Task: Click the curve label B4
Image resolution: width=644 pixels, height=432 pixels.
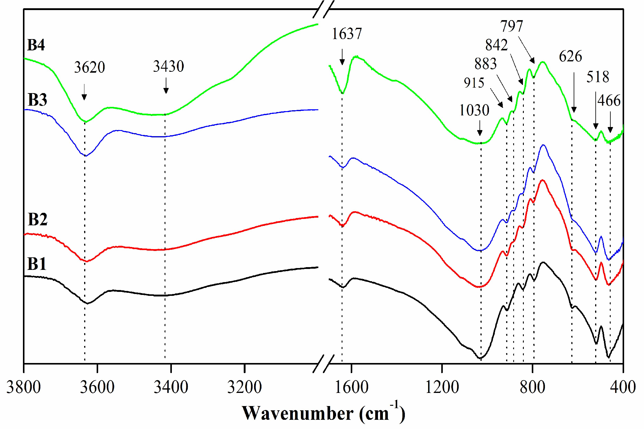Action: point(36,45)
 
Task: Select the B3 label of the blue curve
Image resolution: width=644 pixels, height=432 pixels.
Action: point(37,100)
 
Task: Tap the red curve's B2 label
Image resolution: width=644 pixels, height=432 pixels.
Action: point(37,220)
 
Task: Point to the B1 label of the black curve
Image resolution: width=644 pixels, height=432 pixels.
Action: point(37,264)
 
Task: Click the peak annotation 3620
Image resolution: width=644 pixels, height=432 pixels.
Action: point(89,67)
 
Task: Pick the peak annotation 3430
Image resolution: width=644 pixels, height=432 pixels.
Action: point(168,66)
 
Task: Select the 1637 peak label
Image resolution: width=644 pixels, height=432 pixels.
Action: point(347,34)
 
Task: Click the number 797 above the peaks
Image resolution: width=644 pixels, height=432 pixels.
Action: point(512,26)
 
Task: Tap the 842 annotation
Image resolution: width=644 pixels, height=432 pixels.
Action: point(496,45)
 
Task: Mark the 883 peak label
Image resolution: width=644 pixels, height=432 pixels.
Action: point(485,64)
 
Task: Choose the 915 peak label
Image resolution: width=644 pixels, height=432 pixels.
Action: point(474,83)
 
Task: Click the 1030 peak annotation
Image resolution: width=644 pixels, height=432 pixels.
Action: point(474,110)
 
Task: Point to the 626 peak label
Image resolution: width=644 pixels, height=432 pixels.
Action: point(570,56)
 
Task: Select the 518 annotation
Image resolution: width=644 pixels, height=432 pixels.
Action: point(598,77)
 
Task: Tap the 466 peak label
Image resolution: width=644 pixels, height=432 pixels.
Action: point(609,101)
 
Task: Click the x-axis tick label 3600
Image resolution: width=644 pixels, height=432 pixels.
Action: point(97,387)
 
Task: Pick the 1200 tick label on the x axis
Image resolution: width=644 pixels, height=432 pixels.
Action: point(442,387)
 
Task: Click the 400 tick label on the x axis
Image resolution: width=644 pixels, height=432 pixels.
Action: point(623,387)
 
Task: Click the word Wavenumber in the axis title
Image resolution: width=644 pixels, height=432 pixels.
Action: point(298,413)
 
